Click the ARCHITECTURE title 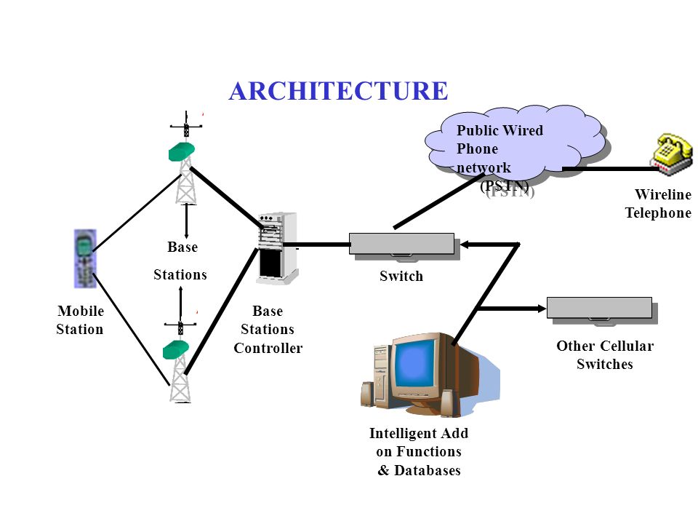click(338, 91)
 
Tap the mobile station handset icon click(85, 259)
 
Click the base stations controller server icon click(278, 247)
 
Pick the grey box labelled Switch click(401, 244)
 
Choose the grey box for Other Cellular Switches click(599, 308)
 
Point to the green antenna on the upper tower click(182, 151)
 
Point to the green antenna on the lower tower click(176, 349)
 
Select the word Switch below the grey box click(401, 277)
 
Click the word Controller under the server click(268, 348)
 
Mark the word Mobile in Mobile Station click(81, 311)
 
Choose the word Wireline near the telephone click(663, 195)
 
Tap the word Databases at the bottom click(428, 471)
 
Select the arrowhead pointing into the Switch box click(465, 245)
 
